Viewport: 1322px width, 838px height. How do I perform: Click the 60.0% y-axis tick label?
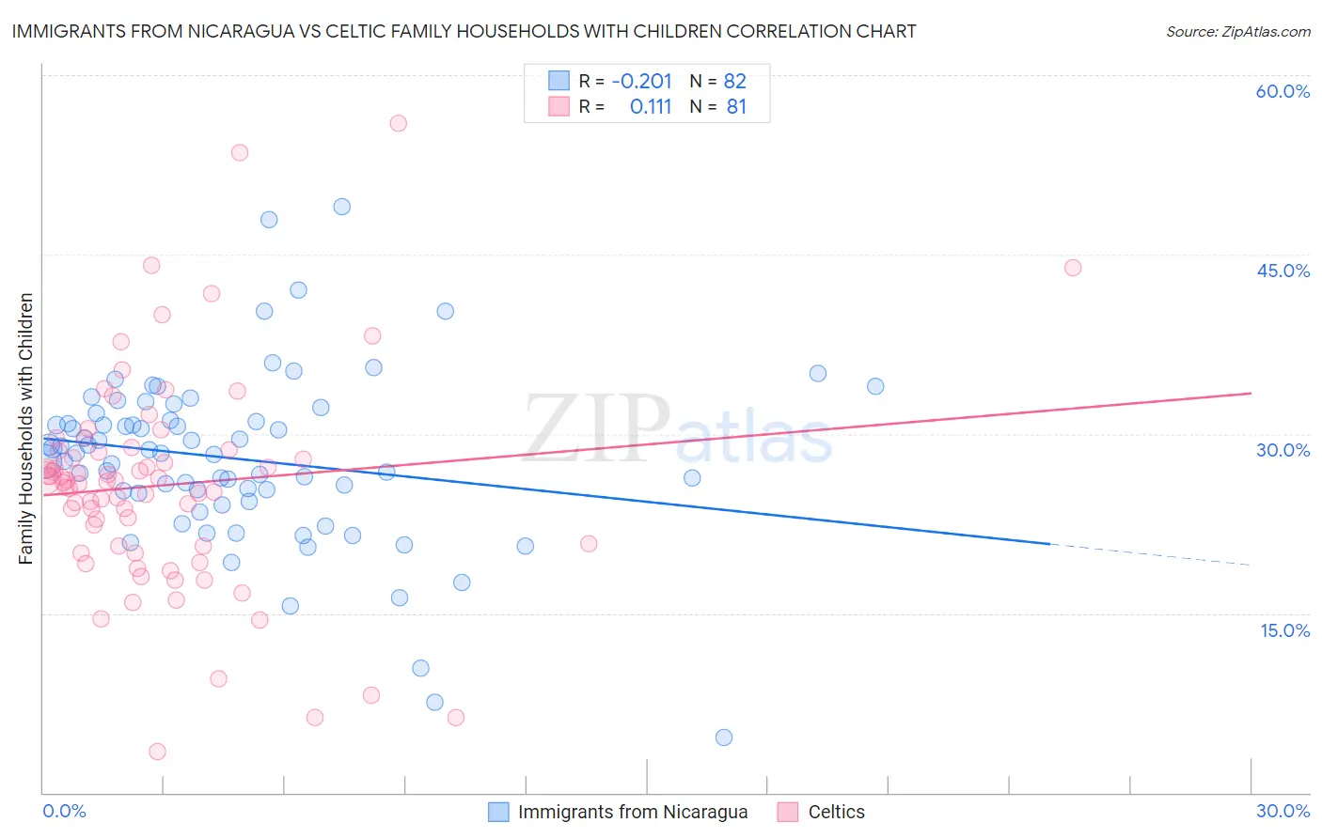click(x=1283, y=91)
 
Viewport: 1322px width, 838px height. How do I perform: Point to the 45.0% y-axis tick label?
click(x=1283, y=271)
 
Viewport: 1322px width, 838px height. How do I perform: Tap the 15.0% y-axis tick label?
click(x=1284, y=629)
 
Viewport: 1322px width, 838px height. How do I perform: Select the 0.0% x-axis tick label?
click(x=64, y=811)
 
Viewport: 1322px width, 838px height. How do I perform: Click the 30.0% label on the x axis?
click(x=1283, y=811)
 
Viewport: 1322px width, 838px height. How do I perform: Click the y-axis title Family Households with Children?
click(x=25, y=428)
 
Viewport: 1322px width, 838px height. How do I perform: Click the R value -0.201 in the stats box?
click(x=641, y=81)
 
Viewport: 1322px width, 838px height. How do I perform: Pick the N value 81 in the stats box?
click(x=736, y=107)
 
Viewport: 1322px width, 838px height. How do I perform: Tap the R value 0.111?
click(x=651, y=107)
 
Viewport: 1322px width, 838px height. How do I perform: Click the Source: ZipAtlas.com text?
click(x=1237, y=31)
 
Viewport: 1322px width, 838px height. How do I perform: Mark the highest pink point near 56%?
click(x=398, y=123)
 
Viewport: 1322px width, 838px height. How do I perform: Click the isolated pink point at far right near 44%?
click(x=1072, y=268)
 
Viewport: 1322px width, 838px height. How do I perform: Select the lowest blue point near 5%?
click(x=723, y=737)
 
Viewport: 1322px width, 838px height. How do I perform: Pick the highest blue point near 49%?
click(x=341, y=207)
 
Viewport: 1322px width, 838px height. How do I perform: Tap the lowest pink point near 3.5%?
click(x=157, y=752)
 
